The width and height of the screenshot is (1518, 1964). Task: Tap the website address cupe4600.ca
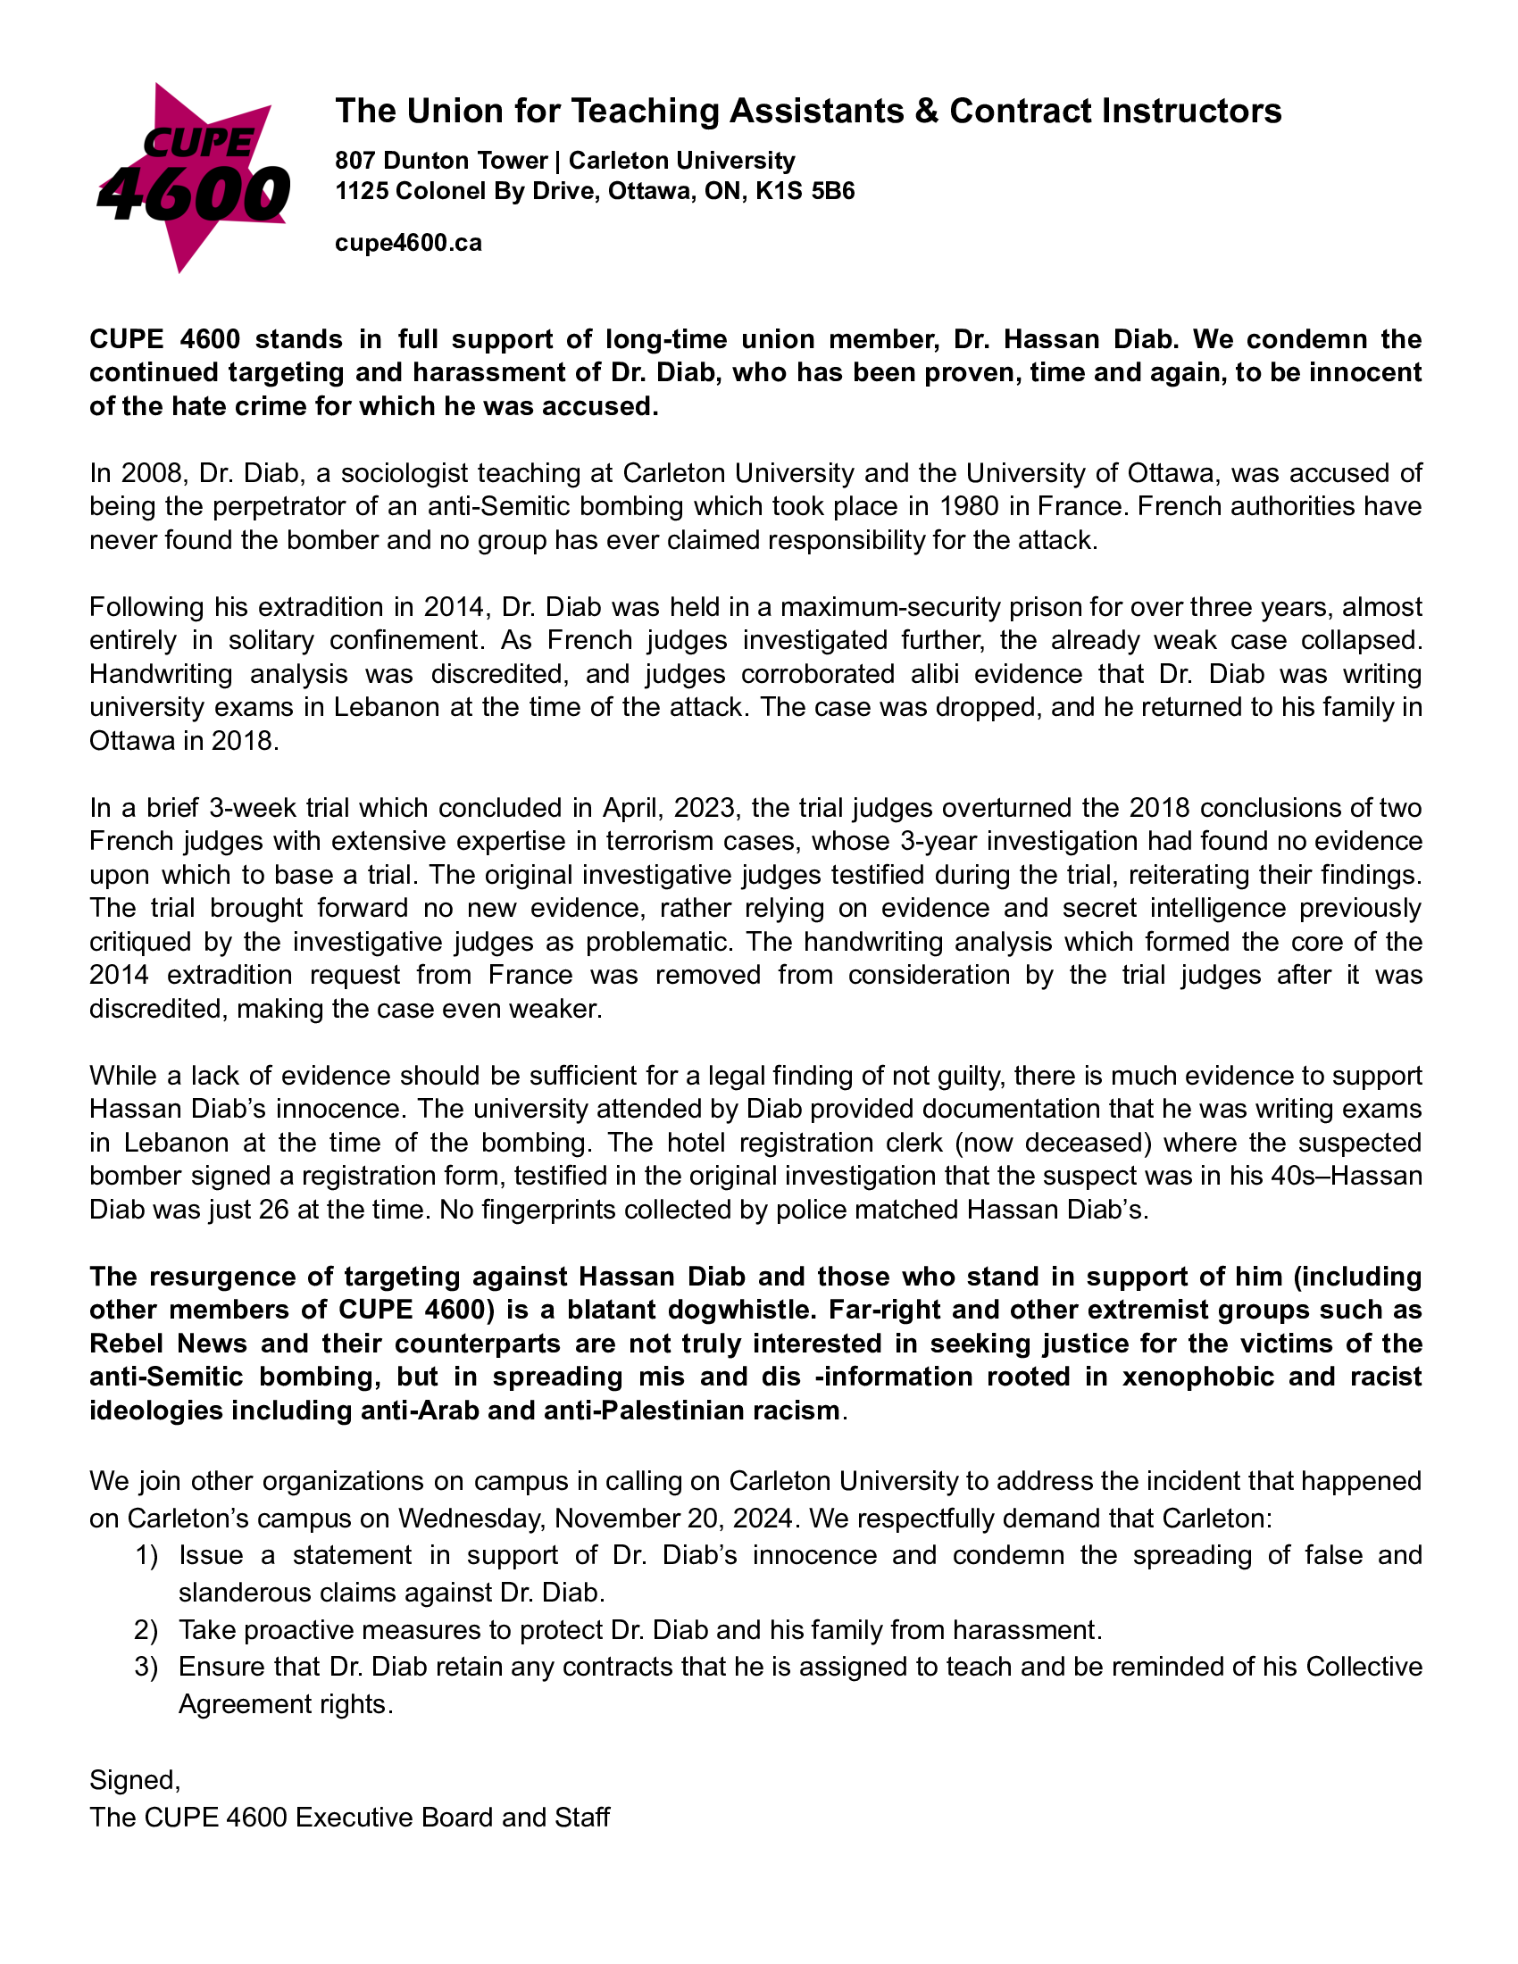pyautogui.click(x=408, y=243)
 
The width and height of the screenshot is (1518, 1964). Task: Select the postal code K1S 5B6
pyautogui.click(x=805, y=192)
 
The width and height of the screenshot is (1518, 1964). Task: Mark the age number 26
pyautogui.click(x=273, y=1210)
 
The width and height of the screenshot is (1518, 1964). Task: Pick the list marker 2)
pyautogui.click(x=146, y=1629)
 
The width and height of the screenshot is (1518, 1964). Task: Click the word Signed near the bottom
pyautogui.click(x=133, y=1779)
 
